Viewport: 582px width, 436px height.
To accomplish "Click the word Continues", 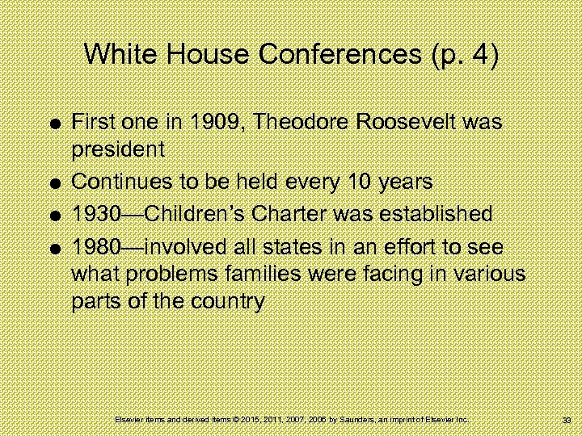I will coord(119,183).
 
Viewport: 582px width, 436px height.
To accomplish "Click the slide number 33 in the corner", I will coord(566,421).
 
